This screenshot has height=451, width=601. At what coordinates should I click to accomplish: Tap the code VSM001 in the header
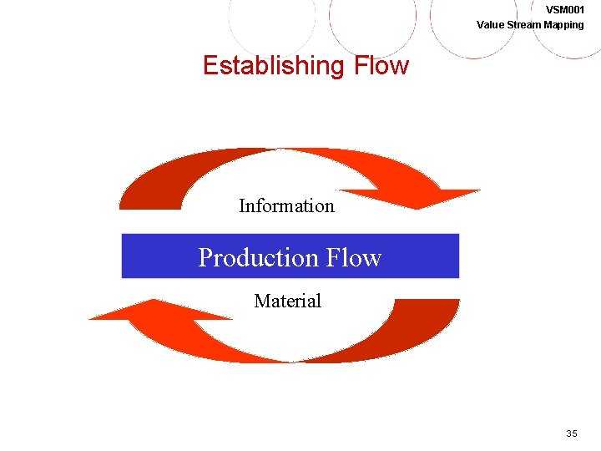pyautogui.click(x=564, y=10)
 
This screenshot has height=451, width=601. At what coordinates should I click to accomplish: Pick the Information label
pyautogui.click(x=286, y=205)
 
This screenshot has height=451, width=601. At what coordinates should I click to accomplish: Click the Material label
pyautogui.click(x=287, y=301)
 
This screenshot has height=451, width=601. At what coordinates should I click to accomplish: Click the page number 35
pyautogui.click(x=572, y=433)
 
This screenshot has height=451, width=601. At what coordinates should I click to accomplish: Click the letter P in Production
pyautogui.click(x=205, y=257)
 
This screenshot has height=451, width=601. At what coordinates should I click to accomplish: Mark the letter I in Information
pyautogui.click(x=242, y=205)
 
